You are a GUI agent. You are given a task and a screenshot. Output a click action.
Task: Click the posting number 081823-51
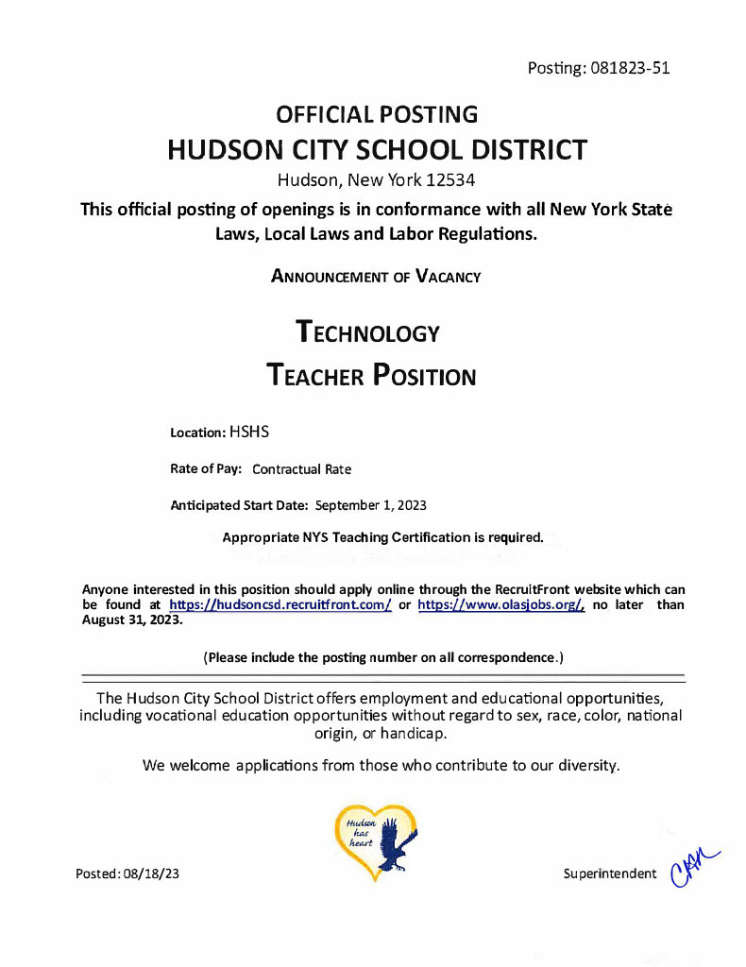point(632,68)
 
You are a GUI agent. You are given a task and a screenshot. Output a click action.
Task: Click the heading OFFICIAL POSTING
point(376,115)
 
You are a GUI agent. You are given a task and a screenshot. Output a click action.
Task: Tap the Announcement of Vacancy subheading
point(376,277)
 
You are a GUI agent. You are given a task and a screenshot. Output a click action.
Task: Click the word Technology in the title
point(367,332)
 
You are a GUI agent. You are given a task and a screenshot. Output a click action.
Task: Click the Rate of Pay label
point(206,468)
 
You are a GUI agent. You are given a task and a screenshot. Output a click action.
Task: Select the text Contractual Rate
point(301,469)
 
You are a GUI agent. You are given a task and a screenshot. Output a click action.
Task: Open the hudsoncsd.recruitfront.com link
point(280,605)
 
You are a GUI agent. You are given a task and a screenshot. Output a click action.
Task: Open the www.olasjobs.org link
point(501,605)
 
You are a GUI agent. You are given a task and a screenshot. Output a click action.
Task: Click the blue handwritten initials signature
point(691,867)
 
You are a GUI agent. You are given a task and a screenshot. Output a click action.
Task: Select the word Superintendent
point(609,874)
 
